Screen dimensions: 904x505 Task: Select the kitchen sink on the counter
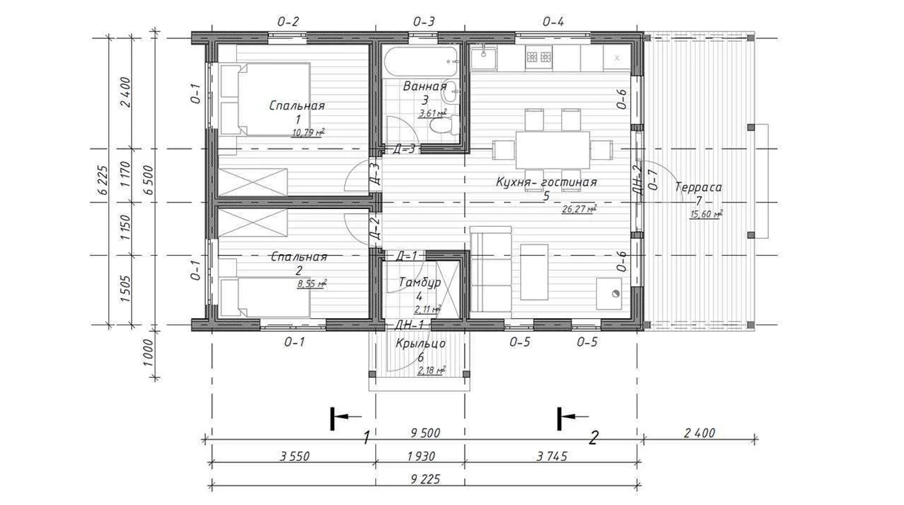point(483,58)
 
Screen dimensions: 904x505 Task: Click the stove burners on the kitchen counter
point(539,57)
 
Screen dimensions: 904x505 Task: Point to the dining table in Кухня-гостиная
point(553,150)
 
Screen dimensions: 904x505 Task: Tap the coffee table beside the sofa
point(534,272)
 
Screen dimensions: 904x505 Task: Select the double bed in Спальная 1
point(265,99)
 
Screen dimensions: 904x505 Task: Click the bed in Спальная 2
point(265,298)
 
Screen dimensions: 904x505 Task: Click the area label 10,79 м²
point(308,133)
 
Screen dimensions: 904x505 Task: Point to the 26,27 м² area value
point(579,209)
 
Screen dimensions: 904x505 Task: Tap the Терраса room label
point(698,187)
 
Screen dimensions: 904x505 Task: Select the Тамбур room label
point(420,282)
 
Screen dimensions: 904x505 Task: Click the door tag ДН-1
point(410,325)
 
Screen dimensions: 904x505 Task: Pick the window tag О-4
point(553,22)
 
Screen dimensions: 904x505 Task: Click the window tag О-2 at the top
point(288,22)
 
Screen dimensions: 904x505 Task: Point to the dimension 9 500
point(425,433)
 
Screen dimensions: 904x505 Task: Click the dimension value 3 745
point(552,456)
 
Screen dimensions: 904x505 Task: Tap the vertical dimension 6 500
point(149,180)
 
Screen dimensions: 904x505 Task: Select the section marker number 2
point(594,438)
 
